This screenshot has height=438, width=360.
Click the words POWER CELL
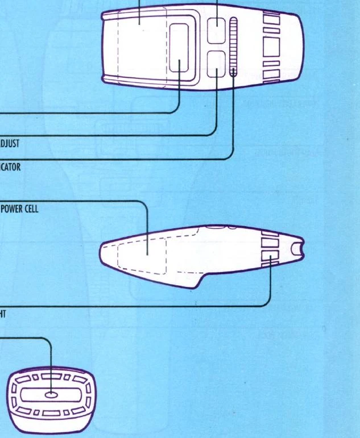[19, 208]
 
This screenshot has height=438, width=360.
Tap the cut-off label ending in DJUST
[10, 144]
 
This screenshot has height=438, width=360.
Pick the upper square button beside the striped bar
[216, 30]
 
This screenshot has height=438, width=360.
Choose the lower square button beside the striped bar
[216, 64]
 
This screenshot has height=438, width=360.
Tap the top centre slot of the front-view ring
[50, 375]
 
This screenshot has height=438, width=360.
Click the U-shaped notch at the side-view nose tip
[297, 249]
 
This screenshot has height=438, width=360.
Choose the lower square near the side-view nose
[269, 258]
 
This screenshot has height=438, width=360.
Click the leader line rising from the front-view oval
[51, 364]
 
